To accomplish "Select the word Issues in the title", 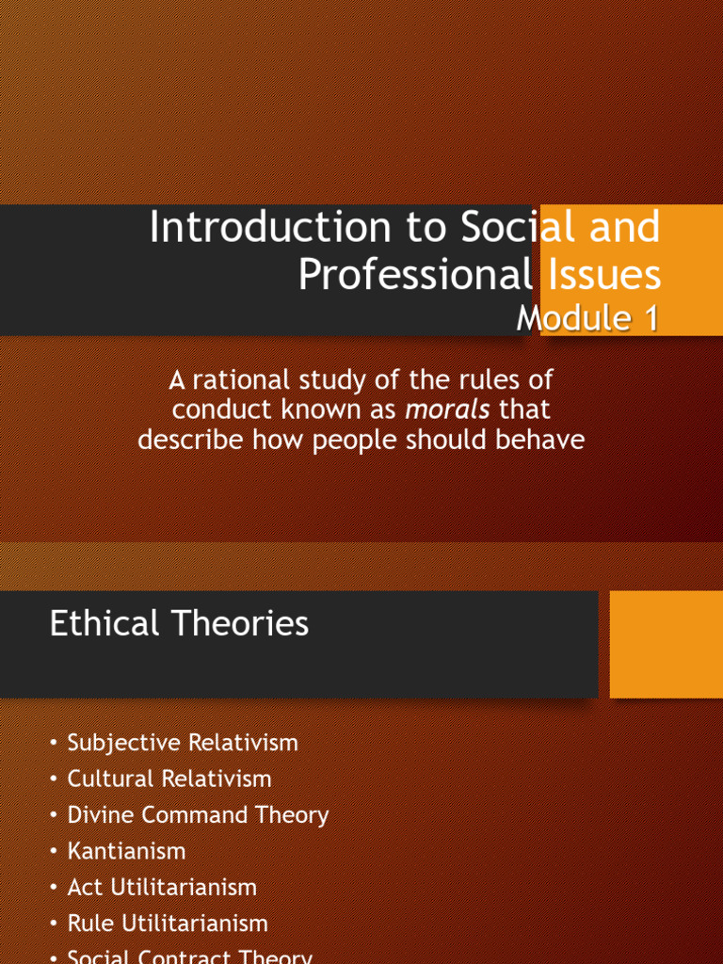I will tap(602, 274).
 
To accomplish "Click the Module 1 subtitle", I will tap(586, 318).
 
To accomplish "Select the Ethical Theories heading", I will tap(179, 623).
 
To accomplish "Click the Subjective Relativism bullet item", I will tap(183, 743).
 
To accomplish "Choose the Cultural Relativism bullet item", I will tap(169, 779).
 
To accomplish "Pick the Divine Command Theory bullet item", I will tap(198, 815).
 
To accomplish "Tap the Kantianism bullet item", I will tap(126, 851).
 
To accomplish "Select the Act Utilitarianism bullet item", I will tap(162, 887).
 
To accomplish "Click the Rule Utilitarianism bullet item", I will tap(168, 924).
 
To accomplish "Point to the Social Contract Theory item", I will tap(189, 956).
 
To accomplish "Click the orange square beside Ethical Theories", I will tap(666, 644).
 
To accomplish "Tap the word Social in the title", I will tap(519, 229).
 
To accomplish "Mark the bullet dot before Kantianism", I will tap(55, 852).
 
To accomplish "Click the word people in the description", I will tap(356, 440).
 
